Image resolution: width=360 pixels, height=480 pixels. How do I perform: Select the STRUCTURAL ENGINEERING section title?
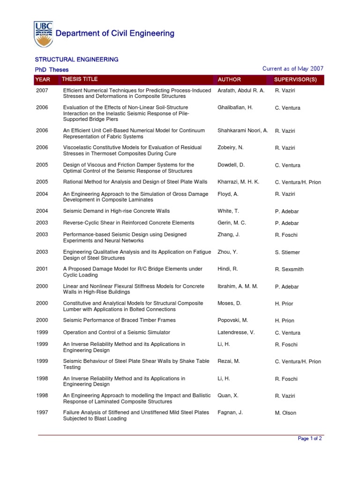77,60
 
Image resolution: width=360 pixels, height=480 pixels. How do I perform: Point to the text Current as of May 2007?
293,69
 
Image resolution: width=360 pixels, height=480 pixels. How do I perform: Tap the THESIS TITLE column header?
80,79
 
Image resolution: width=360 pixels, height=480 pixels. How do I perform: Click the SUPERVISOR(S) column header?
295,80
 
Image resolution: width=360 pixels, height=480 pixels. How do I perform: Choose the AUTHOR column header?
229,80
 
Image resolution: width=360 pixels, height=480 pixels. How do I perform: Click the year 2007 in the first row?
42,90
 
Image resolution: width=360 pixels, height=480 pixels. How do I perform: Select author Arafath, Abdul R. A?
241,90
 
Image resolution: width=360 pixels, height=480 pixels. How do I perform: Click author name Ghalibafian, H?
235,107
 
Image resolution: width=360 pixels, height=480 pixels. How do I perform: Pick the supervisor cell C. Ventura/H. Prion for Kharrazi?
298,182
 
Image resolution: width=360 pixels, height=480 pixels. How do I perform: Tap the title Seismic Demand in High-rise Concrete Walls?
116,211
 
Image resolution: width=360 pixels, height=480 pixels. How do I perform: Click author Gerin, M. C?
232,223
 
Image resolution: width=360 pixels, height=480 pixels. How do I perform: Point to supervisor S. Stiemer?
287,252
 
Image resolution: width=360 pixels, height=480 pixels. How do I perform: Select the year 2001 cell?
42,269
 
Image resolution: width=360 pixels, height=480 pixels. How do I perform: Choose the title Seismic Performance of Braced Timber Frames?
119,320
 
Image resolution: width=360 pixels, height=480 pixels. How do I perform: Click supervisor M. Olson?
285,413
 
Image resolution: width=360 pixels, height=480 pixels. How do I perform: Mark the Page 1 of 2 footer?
310,439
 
